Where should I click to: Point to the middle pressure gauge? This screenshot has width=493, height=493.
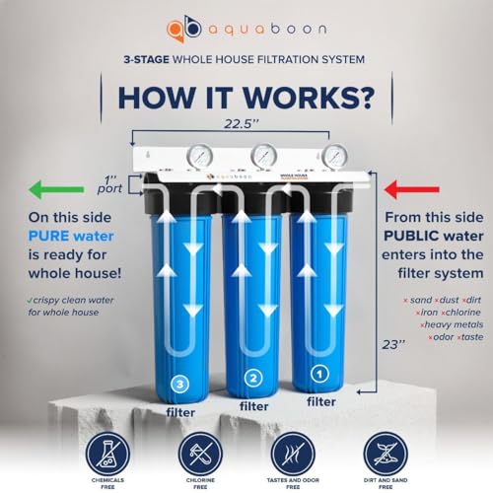(262, 155)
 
